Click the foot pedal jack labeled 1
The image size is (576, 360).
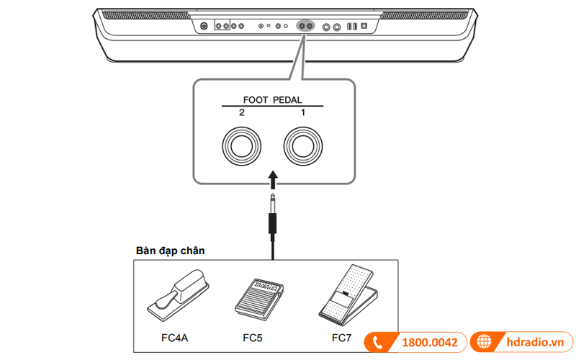click(x=303, y=145)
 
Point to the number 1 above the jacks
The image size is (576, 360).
click(x=303, y=113)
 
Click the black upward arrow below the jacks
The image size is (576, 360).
click(x=271, y=179)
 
